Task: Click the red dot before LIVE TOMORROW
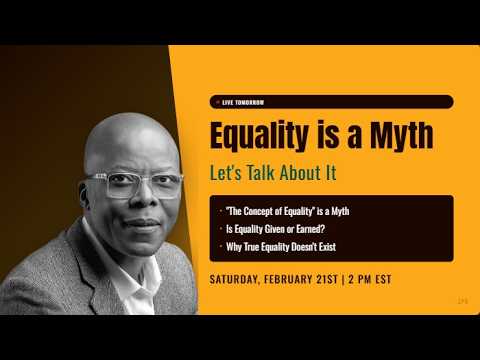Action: [217, 102]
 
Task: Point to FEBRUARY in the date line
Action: [295, 279]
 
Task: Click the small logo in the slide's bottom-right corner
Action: [462, 299]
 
